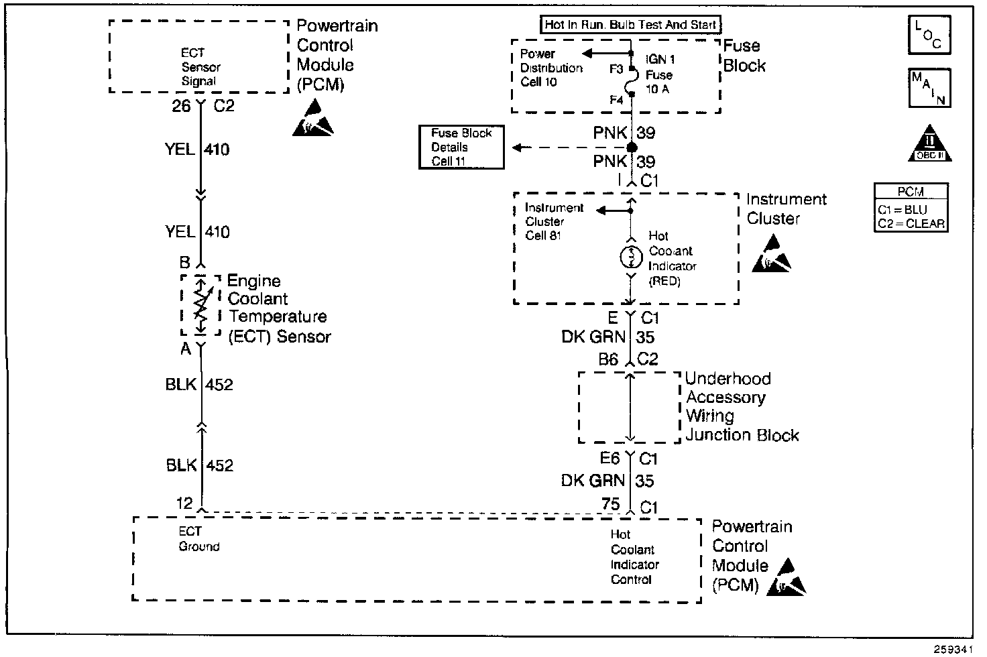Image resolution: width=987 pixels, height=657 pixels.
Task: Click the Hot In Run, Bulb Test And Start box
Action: (x=630, y=25)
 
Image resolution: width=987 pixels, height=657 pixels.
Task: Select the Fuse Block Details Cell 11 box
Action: (x=461, y=147)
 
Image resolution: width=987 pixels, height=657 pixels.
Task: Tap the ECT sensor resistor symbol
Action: (x=200, y=305)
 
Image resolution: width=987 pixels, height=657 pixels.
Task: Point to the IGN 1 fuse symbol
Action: (x=631, y=84)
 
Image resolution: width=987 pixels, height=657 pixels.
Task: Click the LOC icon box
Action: (x=929, y=35)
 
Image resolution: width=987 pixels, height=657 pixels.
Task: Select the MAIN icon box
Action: (x=929, y=87)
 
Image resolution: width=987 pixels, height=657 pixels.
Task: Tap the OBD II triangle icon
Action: (x=930, y=143)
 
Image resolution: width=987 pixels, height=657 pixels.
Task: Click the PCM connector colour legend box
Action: (x=911, y=208)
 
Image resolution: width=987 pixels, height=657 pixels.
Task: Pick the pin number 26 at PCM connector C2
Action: (x=181, y=106)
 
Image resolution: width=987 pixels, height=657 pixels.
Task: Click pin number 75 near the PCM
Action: (x=610, y=504)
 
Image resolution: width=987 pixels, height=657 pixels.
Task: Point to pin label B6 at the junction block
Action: (x=608, y=359)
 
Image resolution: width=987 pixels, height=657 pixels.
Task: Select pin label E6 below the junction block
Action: (x=609, y=459)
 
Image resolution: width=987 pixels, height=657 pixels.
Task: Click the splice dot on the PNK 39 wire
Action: (x=631, y=147)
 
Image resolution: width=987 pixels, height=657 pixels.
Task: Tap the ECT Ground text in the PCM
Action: (x=198, y=539)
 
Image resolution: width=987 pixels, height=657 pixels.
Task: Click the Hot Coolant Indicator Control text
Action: (x=634, y=557)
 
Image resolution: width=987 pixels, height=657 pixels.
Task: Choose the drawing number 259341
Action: (x=953, y=649)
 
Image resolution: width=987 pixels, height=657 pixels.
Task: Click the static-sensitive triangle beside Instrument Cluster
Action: (x=770, y=257)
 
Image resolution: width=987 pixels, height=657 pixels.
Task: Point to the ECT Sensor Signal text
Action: (x=200, y=67)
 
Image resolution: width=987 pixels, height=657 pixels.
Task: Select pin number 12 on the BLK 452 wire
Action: (x=184, y=503)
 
